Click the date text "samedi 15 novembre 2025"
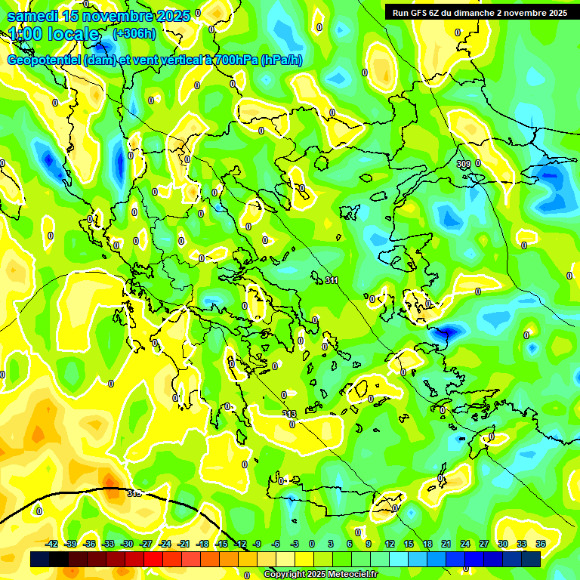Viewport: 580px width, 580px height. point(98,17)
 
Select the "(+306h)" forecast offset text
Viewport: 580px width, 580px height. point(134,34)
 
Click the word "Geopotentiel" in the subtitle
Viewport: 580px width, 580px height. point(45,60)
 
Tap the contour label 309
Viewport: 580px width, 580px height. point(463,163)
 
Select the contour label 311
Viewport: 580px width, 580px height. point(332,280)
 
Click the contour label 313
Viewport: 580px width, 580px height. point(290,414)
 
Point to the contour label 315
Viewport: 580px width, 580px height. point(134,493)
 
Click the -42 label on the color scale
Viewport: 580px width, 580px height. point(52,544)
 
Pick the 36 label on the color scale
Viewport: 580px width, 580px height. point(541,544)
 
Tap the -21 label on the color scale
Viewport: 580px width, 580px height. point(184,544)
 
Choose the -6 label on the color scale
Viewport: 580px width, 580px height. point(276,544)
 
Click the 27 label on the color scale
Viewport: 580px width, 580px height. point(484,544)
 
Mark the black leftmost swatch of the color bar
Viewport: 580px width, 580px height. point(40,559)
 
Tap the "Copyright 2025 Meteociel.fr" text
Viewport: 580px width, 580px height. point(321,575)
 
